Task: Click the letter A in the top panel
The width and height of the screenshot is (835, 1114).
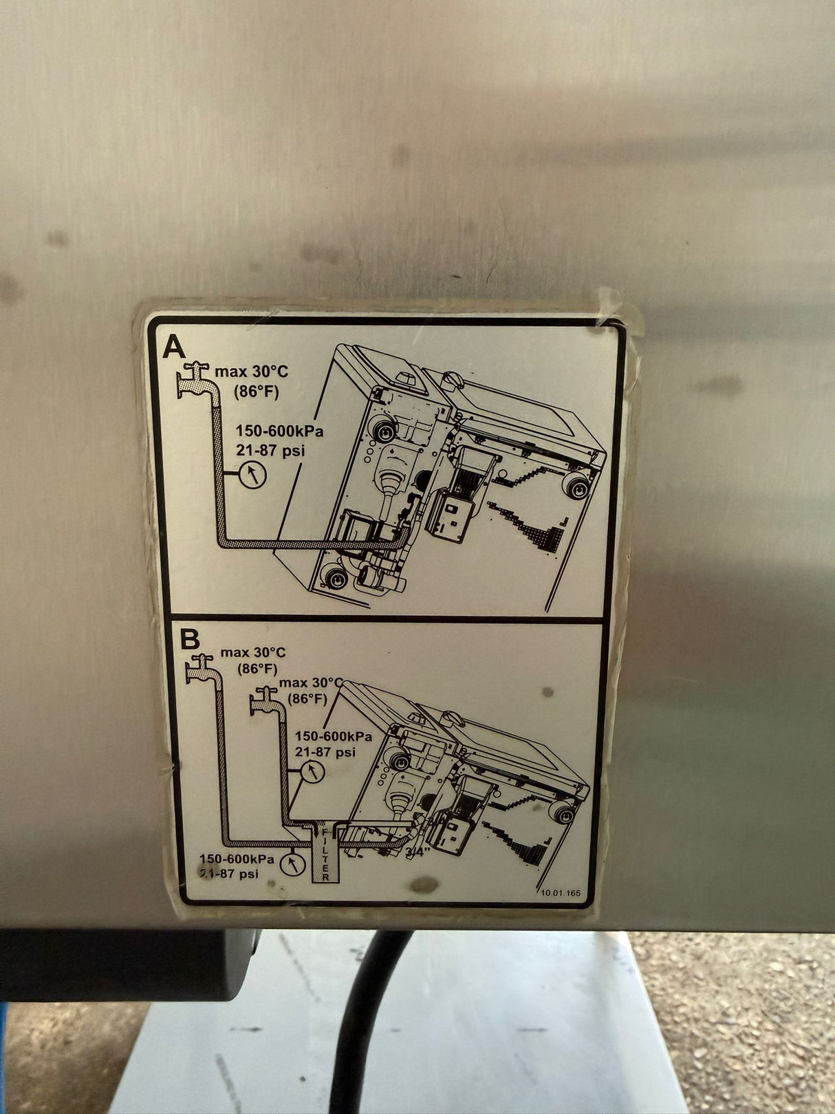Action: (x=174, y=346)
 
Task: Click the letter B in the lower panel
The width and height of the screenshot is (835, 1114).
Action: (x=189, y=639)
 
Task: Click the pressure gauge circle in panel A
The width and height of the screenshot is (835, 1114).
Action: (x=252, y=474)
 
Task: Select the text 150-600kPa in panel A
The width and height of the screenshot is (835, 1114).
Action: (x=279, y=431)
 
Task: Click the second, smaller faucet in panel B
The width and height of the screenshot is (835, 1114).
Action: (x=264, y=702)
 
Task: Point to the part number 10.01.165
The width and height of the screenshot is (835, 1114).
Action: (x=561, y=892)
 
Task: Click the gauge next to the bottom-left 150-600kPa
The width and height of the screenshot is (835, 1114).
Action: (x=292, y=864)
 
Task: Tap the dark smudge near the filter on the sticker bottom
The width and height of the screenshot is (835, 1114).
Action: (x=421, y=884)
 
